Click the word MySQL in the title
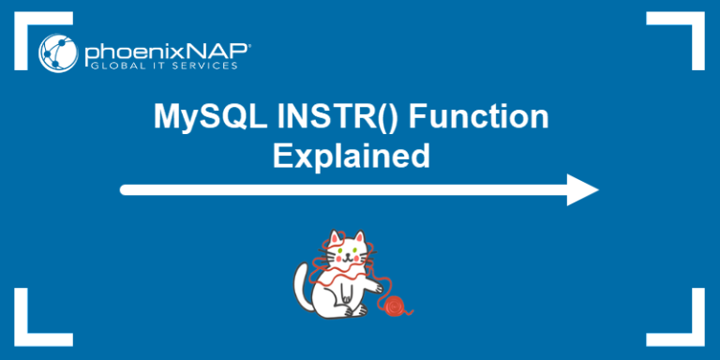click(196, 120)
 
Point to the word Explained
click(351, 155)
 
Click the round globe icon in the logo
click(57, 52)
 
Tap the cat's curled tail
click(302, 281)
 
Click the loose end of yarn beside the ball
click(411, 310)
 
